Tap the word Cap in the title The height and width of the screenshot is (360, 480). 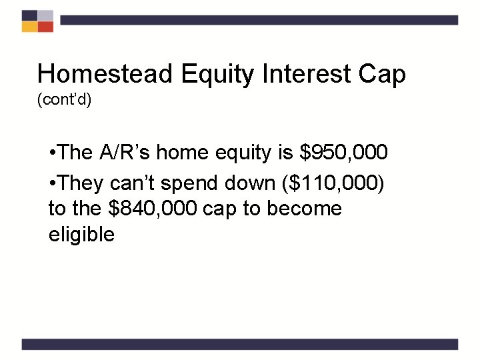pos(381,75)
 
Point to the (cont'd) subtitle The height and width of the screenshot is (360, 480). pos(64,101)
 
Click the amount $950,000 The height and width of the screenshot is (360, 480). pos(343,153)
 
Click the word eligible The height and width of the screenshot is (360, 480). pos(81,235)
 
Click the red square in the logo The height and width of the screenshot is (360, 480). pos(45,27)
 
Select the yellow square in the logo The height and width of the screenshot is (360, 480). pos(29,27)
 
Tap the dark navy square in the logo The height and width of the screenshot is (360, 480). pos(29,15)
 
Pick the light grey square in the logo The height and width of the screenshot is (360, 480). pos(45,15)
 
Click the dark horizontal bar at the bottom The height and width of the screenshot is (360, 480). pos(240,344)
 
